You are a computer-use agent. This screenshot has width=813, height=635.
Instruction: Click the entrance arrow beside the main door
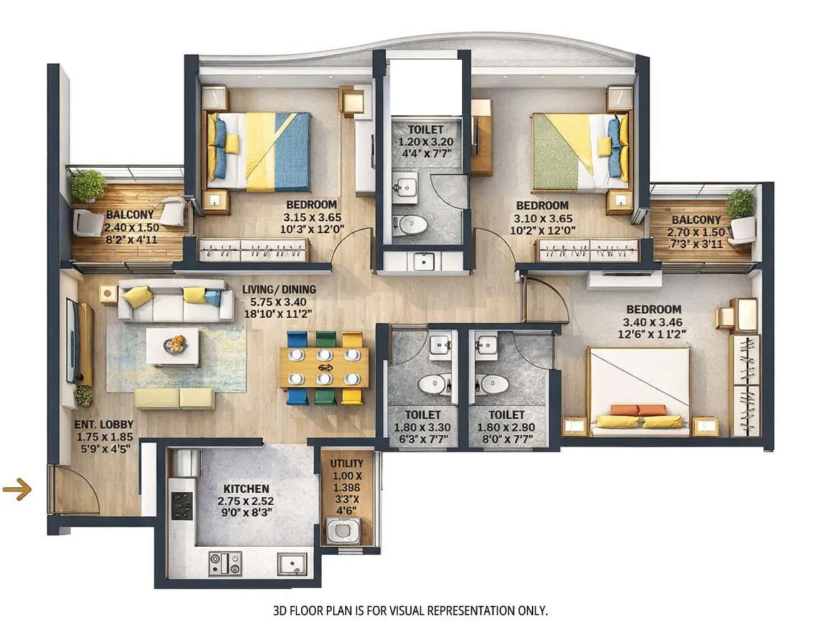pos(17,489)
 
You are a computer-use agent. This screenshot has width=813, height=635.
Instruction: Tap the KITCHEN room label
pos(246,489)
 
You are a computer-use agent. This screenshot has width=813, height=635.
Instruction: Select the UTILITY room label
pos(347,463)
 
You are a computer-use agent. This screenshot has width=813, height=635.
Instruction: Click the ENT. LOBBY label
pos(104,425)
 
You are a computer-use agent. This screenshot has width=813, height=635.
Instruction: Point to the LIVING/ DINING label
pos(278,289)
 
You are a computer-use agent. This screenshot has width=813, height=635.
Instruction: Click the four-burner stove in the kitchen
pos(182,506)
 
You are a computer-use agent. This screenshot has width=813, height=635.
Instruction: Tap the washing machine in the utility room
pos(343,530)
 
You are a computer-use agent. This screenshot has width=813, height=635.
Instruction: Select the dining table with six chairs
pos(325,368)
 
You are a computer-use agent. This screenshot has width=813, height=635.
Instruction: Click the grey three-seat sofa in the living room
pos(175,302)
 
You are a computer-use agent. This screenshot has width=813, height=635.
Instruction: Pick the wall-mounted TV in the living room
pos(73,341)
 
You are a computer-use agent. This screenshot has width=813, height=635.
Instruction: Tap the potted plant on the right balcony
pos(740,203)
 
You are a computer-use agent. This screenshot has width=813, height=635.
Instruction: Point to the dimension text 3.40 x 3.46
pos(654,322)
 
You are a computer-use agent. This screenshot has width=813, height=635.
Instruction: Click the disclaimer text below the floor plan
pos(411,611)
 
